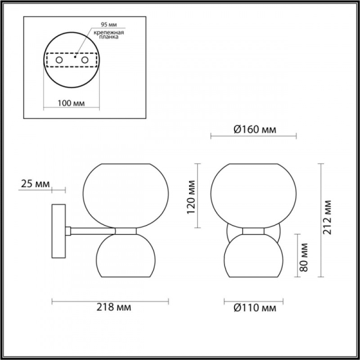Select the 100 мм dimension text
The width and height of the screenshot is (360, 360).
pos(70,103)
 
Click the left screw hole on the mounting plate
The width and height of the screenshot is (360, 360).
pos(59,61)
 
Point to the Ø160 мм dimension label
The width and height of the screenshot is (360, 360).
pos(254,128)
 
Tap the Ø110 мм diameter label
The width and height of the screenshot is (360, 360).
pos(254,308)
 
